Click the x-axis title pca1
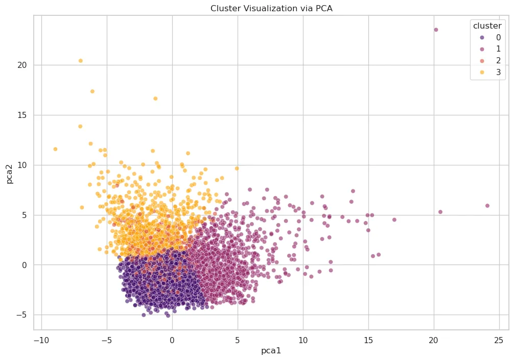click(271, 351)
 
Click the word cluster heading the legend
click(490, 26)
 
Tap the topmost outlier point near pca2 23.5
click(436, 30)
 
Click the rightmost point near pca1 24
click(487, 206)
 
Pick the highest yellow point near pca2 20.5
click(80, 61)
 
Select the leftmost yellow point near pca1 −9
click(55, 149)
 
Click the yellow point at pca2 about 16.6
click(155, 99)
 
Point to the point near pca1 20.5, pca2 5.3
click(440, 212)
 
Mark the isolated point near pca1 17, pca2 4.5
click(394, 220)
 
